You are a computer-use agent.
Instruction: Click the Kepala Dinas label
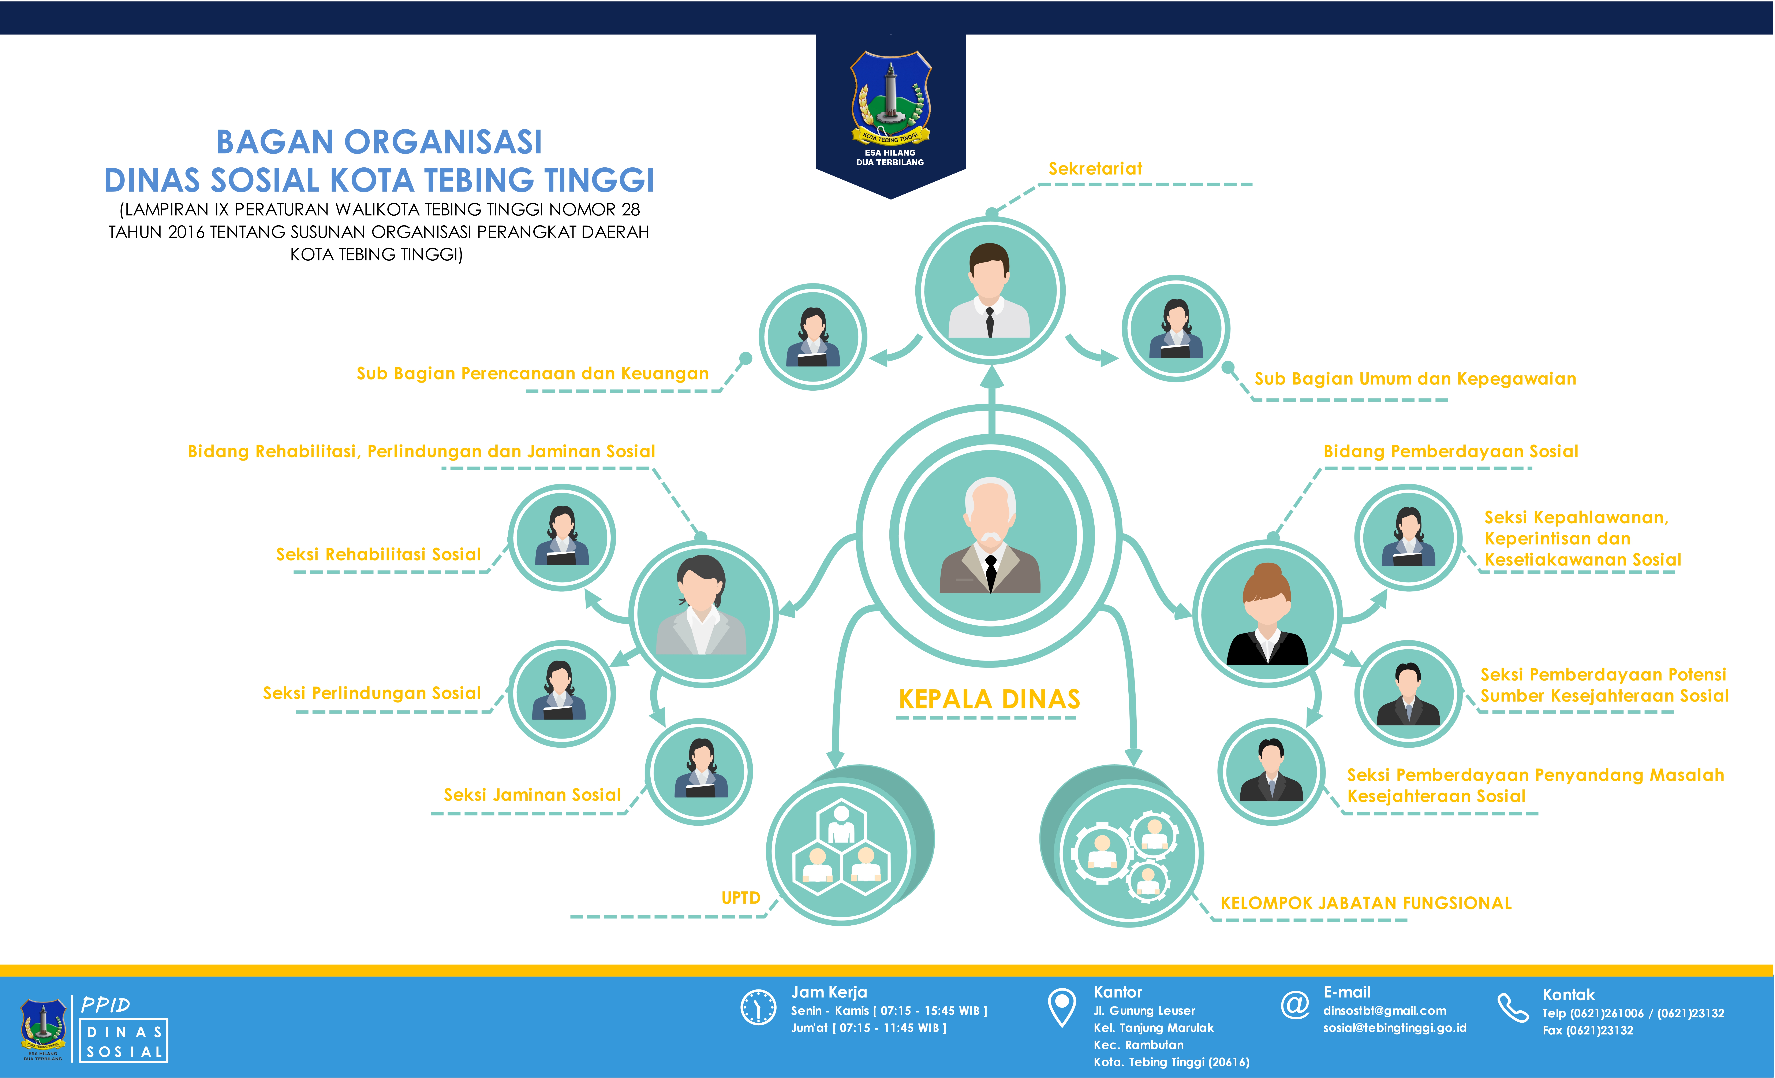989,699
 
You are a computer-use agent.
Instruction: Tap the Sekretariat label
1095,169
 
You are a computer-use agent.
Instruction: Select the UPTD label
741,898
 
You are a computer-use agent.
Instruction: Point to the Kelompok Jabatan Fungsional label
1366,903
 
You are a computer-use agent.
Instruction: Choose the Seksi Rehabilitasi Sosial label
378,554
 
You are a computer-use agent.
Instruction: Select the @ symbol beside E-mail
1294,1004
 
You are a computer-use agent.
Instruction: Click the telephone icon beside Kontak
1513,1007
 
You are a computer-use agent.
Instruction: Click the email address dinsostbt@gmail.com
1384,1010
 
